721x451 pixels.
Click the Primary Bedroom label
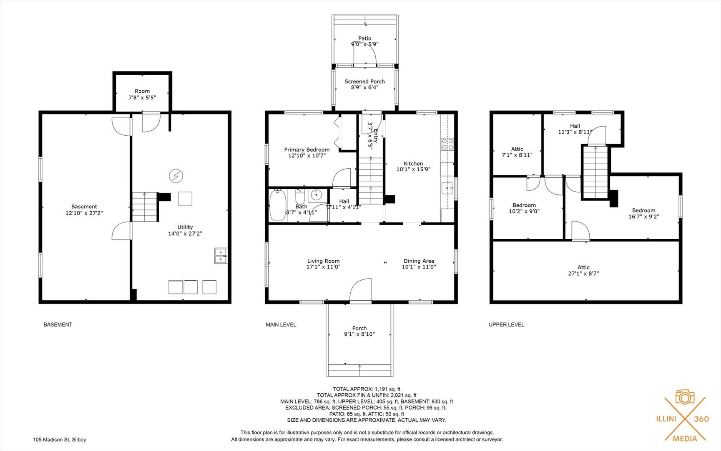[306, 149]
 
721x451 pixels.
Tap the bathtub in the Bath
[277, 205]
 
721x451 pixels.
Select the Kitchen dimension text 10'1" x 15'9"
[413, 169]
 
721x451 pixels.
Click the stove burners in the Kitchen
[447, 144]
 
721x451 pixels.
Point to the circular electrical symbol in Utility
[176, 176]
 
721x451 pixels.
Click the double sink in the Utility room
[221, 256]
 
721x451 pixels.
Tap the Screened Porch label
[364, 81]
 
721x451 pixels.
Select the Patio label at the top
[364, 38]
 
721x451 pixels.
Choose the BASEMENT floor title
[58, 324]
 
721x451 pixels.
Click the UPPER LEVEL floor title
[506, 324]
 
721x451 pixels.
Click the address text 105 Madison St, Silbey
[60, 439]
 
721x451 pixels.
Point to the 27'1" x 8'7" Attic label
[583, 270]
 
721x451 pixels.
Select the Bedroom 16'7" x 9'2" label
[643, 213]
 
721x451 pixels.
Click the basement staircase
[145, 207]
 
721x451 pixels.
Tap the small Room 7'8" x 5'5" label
[142, 94]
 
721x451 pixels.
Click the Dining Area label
[418, 261]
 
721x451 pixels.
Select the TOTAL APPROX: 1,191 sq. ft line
[366, 389]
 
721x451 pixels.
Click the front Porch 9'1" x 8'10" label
[359, 331]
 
